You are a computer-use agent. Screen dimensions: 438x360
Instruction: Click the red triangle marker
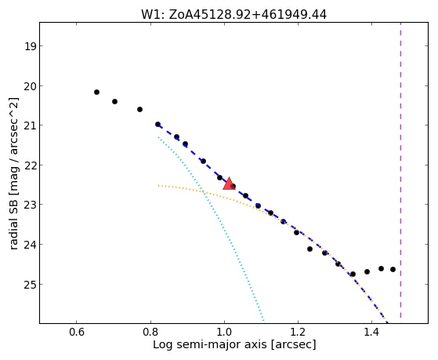(x=229, y=184)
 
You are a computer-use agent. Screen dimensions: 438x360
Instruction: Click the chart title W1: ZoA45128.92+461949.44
(x=233, y=15)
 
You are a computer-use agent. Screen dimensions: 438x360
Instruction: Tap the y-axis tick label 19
(x=30, y=46)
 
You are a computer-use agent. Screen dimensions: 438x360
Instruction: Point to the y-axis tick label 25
(x=30, y=285)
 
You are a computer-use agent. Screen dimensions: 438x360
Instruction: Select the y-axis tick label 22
(x=30, y=165)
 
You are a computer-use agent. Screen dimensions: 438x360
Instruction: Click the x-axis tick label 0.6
(x=77, y=332)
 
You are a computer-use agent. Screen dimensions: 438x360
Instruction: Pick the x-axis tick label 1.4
(x=371, y=332)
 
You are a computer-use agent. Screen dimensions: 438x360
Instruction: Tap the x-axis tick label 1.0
(x=224, y=332)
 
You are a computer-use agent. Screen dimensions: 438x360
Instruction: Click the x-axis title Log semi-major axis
(x=210, y=345)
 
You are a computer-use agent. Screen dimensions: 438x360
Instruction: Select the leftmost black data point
(x=96, y=92)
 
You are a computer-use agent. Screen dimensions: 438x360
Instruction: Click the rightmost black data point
(x=393, y=269)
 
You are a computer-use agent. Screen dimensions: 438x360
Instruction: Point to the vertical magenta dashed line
(x=401, y=170)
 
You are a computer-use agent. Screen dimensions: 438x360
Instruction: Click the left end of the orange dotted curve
(x=158, y=185)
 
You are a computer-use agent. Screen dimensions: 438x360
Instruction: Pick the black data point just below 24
(x=309, y=249)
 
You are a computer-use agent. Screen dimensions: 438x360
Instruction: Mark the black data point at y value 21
(x=157, y=124)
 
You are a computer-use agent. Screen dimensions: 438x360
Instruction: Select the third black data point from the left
(x=139, y=109)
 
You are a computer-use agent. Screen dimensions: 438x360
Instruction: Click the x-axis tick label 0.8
(x=150, y=332)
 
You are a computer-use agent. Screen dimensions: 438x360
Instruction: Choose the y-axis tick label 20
(x=30, y=85)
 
